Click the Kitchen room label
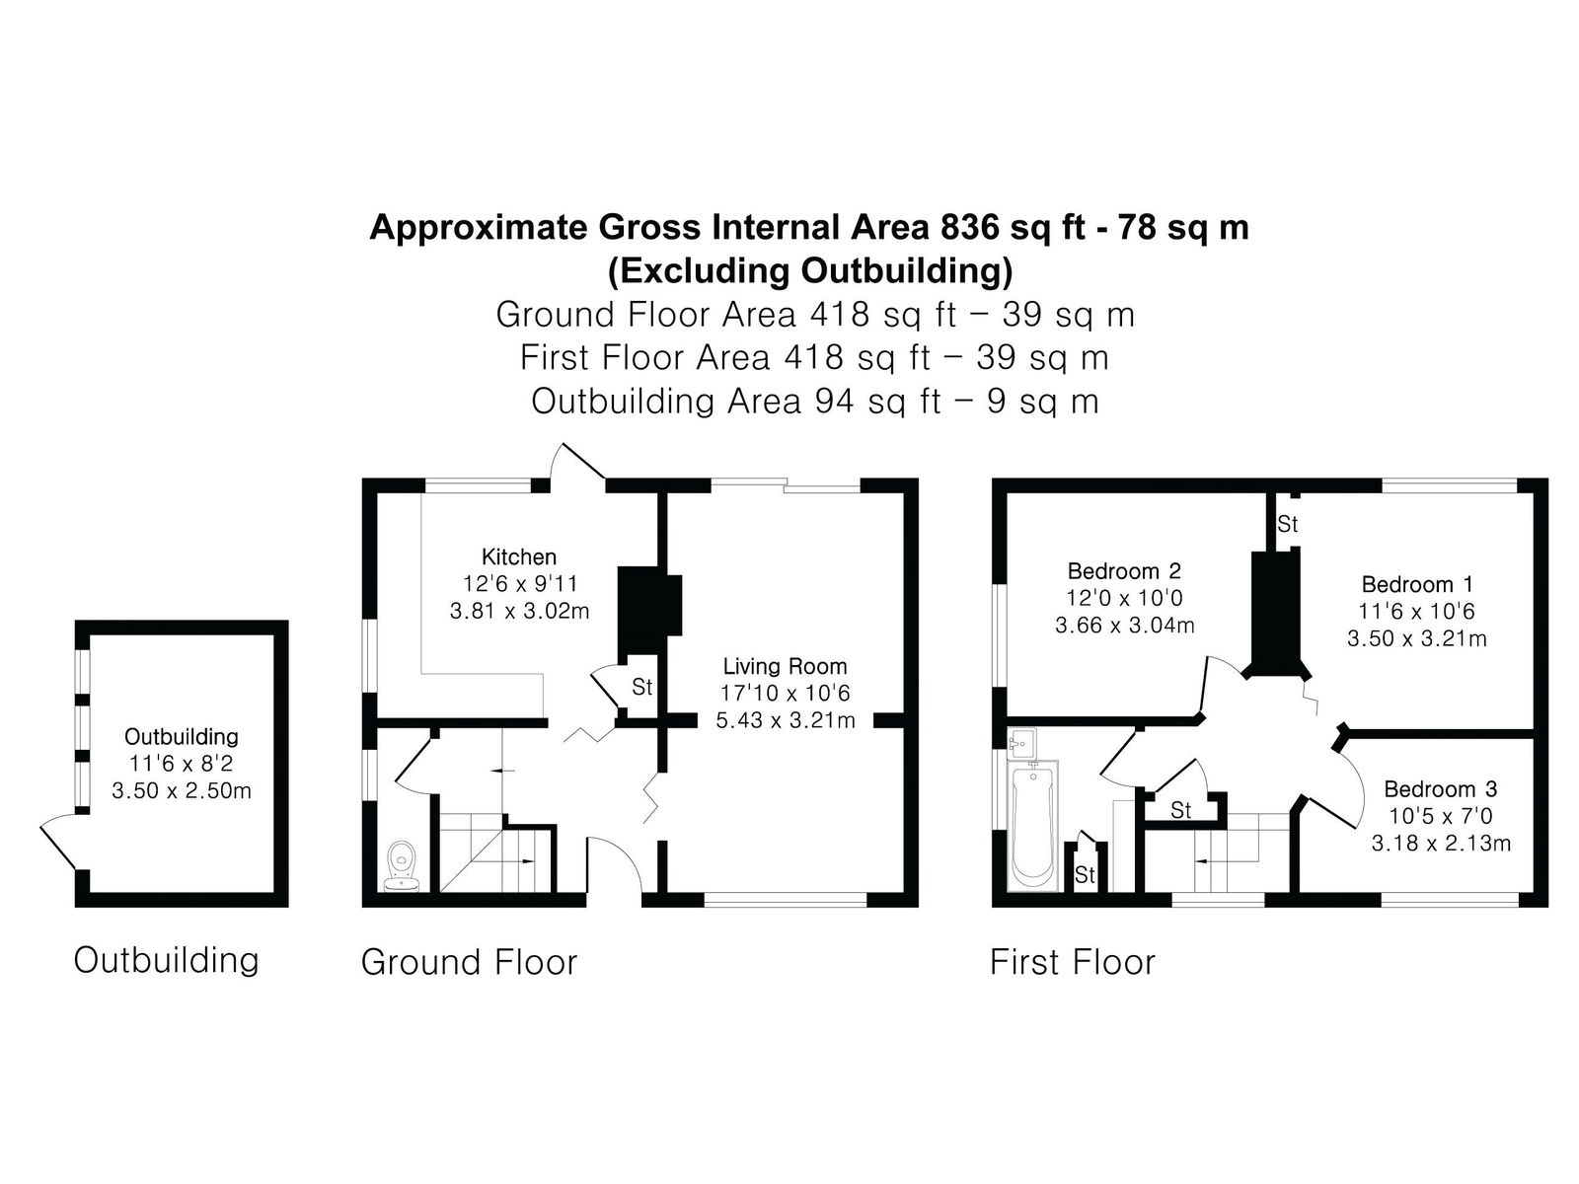518,556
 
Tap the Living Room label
785,666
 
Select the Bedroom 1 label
1416,584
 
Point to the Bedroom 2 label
1124,571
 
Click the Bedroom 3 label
1440,789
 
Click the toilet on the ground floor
401,866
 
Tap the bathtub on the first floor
1033,826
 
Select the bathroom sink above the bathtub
1021,743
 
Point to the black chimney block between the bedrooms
1277,612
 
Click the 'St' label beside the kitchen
641,688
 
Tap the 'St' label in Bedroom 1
1287,525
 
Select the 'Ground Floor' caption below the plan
469,962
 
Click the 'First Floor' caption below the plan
1072,962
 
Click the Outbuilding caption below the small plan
166,960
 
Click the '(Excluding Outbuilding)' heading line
810,271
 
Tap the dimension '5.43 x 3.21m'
785,719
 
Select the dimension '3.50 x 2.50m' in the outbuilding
182,790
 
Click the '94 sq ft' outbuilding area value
877,402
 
